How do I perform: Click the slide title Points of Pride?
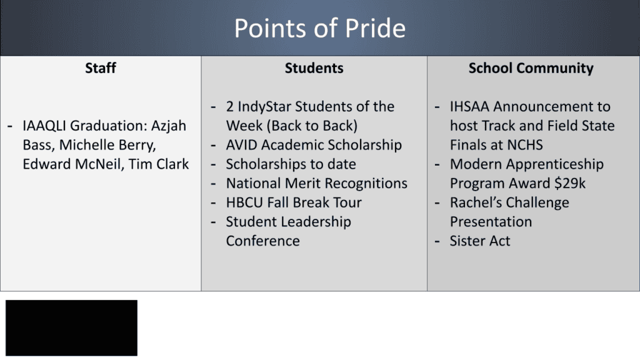(319, 28)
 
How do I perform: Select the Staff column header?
(101, 68)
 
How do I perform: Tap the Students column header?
(314, 68)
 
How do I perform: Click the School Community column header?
(531, 68)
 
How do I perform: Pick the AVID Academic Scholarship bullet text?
(314, 145)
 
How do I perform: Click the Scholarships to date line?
(291, 164)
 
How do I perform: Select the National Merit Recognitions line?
(316, 184)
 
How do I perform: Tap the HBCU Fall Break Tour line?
(294, 202)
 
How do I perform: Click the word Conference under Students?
(262, 241)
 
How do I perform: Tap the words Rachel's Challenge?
(509, 202)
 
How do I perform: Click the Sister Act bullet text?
(480, 241)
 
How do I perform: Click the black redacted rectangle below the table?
(71, 327)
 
